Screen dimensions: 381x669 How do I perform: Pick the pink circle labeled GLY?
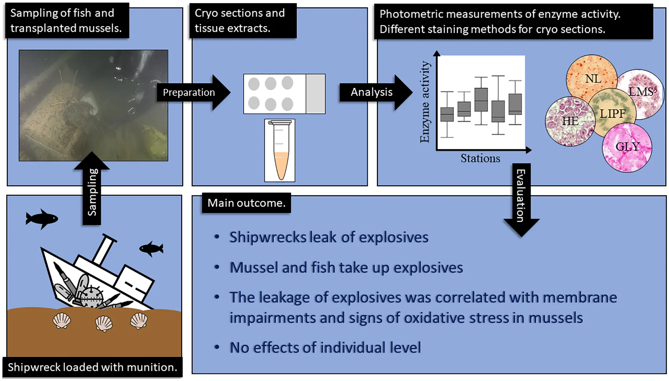click(627, 148)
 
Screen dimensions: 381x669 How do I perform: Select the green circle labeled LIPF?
click(612, 113)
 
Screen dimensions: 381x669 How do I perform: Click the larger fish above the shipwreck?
click(42, 218)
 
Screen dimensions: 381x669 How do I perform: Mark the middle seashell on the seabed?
click(104, 323)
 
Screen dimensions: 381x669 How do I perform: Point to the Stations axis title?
click(480, 159)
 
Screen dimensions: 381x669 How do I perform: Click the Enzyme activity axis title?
click(425, 102)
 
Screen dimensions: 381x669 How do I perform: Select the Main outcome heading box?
click(246, 203)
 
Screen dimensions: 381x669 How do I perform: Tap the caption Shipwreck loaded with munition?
click(92, 367)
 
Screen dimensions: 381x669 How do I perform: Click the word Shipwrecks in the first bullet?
click(268, 237)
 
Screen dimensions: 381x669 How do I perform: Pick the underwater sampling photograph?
click(93, 105)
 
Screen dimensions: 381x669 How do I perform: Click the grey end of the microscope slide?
click(315, 94)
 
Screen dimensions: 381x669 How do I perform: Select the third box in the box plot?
click(481, 100)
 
